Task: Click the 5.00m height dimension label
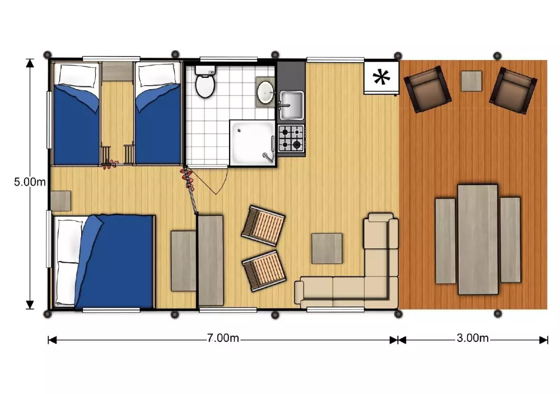[30, 182]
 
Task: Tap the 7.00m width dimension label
[223, 338]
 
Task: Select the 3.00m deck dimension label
[472, 338]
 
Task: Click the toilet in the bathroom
[205, 81]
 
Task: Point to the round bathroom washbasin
[265, 92]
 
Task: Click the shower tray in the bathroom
[253, 143]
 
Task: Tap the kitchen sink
[291, 105]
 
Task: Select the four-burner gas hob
[291, 139]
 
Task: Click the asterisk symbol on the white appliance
[381, 77]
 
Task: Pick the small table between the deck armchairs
[472, 81]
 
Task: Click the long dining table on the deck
[478, 239]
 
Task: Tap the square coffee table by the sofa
[327, 248]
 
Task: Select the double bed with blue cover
[104, 261]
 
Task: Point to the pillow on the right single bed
[157, 76]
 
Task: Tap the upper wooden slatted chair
[263, 226]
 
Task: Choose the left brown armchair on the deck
[427, 89]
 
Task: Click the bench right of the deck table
[510, 240]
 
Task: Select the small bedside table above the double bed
[60, 201]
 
